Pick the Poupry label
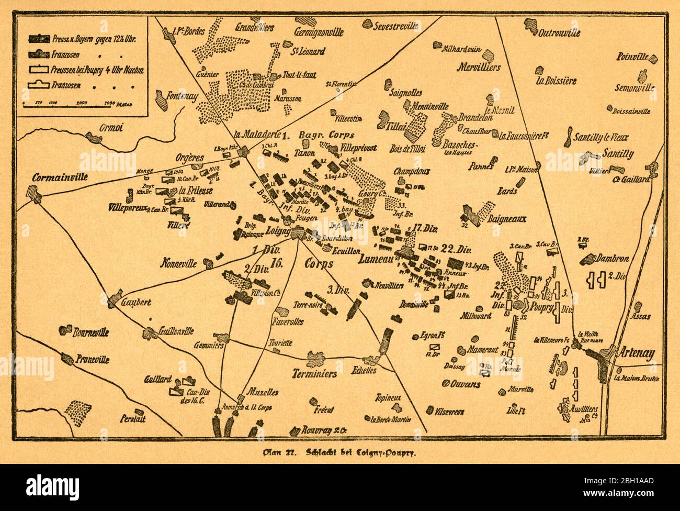point(542,308)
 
